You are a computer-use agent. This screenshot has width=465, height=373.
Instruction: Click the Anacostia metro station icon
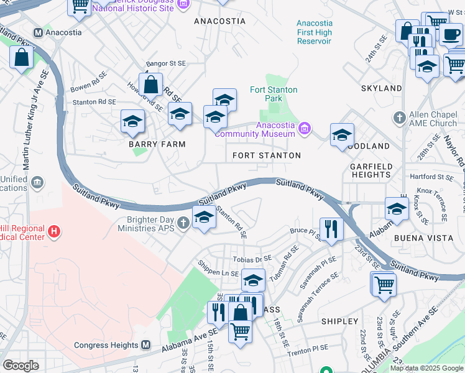(x=38, y=33)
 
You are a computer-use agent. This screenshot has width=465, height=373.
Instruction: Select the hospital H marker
(x=55, y=232)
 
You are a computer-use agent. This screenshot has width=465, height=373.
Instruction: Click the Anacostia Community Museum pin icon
(x=304, y=129)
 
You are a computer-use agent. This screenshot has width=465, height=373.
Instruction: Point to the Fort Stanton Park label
(x=274, y=94)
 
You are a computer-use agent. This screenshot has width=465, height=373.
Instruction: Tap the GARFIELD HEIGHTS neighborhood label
(x=370, y=170)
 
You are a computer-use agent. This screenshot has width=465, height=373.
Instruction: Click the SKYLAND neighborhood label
(x=381, y=88)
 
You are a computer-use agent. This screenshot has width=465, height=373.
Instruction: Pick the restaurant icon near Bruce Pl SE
(x=331, y=228)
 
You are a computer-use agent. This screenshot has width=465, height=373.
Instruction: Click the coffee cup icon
(x=451, y=33)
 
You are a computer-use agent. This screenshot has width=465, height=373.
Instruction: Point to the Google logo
(x=21, y=365)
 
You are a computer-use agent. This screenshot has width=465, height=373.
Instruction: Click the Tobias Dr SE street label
(x=252, y=259)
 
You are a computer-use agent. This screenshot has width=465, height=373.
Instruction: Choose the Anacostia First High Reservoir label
(x=314, y=32)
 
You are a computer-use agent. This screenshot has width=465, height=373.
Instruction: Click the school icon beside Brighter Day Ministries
(x=203, y=218)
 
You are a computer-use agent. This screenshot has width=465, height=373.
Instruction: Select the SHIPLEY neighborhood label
(x=339, y=321)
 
